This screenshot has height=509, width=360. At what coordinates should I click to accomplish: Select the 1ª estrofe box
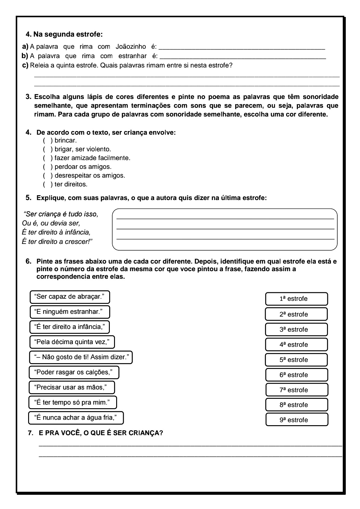(x=296, y=299)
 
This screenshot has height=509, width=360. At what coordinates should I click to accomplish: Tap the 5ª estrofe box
(x=296, y=360)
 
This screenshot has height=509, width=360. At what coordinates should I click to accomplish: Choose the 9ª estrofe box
(x=297, y=420)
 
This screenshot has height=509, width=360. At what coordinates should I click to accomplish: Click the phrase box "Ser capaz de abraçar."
(x=70, y=297)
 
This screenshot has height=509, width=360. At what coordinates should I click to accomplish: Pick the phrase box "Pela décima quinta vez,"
(x=72, y=342)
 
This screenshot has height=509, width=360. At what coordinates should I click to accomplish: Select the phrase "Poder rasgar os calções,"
(x=74, y=372)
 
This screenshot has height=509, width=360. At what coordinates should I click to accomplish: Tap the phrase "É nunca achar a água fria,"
(x=76, y=418)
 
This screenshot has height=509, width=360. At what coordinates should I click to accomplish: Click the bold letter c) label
(x=25, y=65)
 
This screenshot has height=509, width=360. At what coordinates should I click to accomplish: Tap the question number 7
(x=30, y=433)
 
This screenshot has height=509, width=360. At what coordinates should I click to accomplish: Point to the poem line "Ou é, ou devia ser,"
(x=51, y=223)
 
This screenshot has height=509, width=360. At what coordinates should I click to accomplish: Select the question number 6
(x=28, y=261)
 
